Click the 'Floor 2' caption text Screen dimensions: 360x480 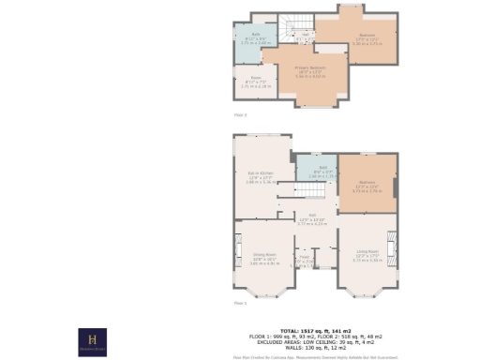pos(240,113)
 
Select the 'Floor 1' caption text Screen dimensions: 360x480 pos(240,303)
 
